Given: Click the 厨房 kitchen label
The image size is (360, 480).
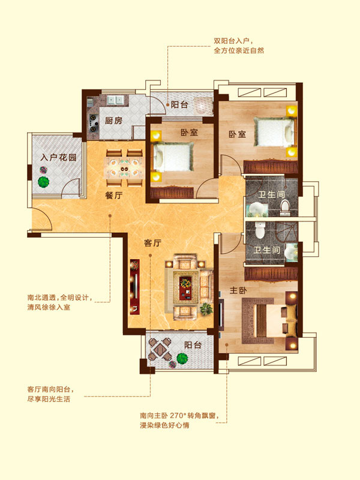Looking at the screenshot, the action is pos(113,121).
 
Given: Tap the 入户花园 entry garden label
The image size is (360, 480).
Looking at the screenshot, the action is pos(58,158).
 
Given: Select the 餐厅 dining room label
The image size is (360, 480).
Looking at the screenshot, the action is pos(114,196).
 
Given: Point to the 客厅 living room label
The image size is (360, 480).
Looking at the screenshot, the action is pos(152,243).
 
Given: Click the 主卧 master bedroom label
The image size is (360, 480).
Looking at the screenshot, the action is pos(238,290).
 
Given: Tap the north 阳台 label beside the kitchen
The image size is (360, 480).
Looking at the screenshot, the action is pos(179,104).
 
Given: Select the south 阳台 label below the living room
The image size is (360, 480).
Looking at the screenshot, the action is pos(193,345).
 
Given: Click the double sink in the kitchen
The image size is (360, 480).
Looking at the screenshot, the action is pos(115,100).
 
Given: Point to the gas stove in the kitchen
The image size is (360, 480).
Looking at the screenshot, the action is pos(94,123).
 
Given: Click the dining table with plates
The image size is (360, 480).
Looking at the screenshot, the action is pos(124,168).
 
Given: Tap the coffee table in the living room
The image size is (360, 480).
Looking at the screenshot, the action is pos(185,287).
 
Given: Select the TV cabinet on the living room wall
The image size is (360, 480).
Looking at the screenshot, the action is pos(134,287).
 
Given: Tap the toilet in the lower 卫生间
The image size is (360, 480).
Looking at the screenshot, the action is pos(260,230).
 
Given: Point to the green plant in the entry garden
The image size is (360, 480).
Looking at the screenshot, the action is pos(43,182).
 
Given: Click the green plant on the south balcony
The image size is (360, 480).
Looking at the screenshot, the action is pos(182,358).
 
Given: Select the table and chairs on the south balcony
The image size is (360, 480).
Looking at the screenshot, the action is pos(160,349).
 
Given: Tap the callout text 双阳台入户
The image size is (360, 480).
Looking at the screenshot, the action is pos(234,41).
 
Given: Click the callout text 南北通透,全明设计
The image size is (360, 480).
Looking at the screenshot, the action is pos(59,298).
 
